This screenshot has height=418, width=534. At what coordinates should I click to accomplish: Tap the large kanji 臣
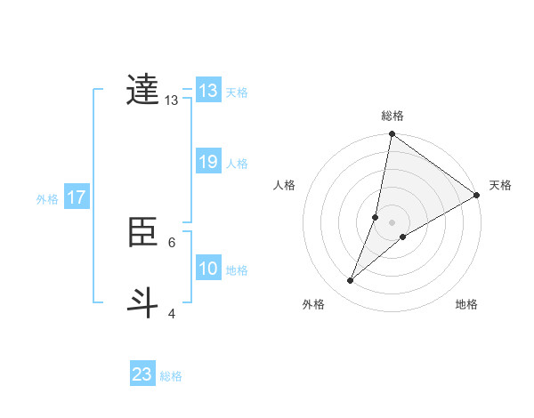click(142, 232)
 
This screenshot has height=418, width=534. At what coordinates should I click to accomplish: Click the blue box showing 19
click(208, 163)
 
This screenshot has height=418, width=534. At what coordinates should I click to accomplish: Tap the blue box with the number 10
click(208, 269)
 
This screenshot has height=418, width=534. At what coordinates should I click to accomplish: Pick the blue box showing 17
click(77, 197)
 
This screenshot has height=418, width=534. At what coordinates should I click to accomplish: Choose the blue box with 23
click(142, 374)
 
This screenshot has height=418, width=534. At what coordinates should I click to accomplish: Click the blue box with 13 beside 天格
click(208, 91)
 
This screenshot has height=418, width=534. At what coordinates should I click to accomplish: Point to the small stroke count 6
click(172, 242)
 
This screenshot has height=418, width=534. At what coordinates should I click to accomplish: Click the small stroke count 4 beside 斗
click(172, 313)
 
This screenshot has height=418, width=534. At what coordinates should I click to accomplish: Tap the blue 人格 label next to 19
click(237, 164)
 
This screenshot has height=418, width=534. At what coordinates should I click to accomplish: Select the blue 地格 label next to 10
click(237, 269)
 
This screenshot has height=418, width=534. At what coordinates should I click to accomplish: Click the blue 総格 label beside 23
click(171, 375)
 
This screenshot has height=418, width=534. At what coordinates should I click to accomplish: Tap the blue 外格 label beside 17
click(47, 198)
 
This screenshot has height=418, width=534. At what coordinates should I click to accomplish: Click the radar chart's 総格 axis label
click(392, 116)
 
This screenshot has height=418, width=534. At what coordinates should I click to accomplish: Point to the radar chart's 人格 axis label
click(284, 185)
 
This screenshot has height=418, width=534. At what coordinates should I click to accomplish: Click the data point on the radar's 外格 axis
click(351, 281)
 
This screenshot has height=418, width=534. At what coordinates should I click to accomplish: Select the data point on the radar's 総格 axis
click(392, 135)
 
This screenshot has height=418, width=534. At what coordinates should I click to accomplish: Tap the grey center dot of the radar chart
click(392, 221)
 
